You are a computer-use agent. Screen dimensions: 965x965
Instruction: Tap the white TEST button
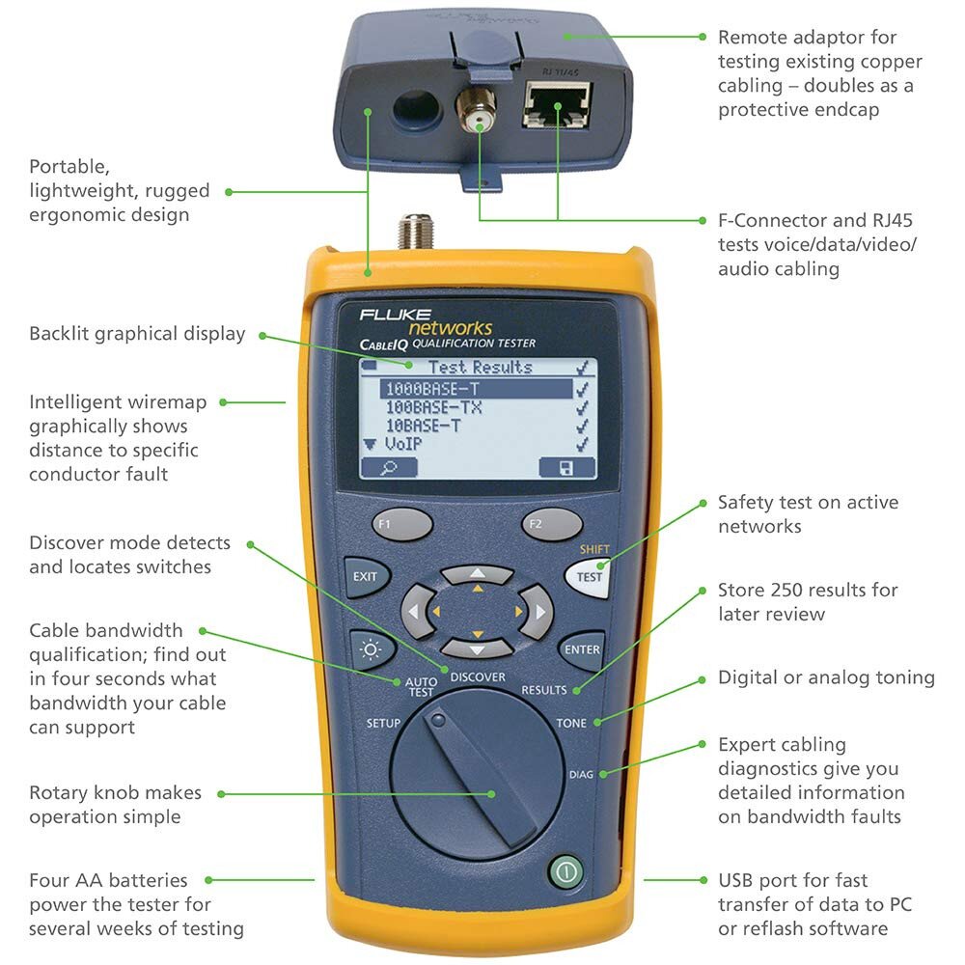589,577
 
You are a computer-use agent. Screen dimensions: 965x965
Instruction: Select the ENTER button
582,649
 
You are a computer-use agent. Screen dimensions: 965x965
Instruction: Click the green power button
566,873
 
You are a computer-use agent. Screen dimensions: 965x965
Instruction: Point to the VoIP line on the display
405,444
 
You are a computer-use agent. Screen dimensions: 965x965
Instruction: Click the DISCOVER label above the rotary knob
477,677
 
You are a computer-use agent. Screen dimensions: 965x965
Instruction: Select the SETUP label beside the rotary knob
383,723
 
